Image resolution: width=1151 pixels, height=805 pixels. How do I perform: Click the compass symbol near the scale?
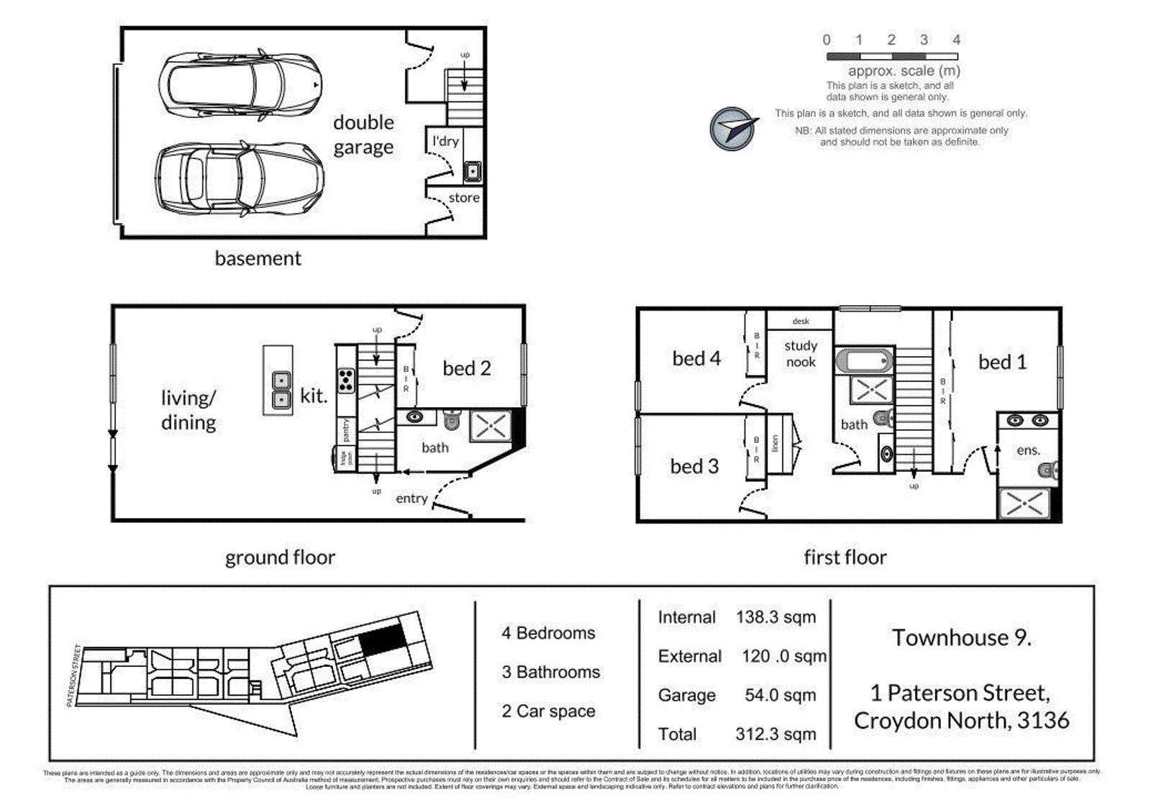[x=732, y=129]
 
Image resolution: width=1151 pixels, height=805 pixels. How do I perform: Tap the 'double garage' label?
[x=363, y=135]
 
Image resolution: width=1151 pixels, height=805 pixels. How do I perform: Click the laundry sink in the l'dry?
[x=472, y=171]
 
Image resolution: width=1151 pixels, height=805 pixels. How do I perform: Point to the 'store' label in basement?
[x=464, y=198]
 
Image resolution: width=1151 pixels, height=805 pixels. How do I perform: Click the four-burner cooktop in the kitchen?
[x=346, y=380]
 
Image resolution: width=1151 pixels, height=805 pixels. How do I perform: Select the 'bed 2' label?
[x=466, y=368]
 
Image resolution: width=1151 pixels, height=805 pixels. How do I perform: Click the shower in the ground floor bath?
[x=491, y=426]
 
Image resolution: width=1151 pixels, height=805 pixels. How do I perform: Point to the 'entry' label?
[x=411, y=499]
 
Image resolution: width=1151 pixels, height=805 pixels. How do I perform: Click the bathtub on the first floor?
[x=865, y=361]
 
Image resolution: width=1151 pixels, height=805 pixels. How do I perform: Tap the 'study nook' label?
[x=801, y=354]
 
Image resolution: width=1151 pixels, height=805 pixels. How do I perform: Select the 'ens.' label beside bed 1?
[x=1028, y=450]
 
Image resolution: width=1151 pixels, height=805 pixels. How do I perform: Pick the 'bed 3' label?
[x=694, y=466]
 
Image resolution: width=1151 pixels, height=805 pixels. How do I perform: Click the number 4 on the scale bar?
[x=956, y=40]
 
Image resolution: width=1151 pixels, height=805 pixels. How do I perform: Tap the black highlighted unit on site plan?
[x=382, y=639]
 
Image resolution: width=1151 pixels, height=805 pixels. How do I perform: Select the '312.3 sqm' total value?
[x=775, y=734]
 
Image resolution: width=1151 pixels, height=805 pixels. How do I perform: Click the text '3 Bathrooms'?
[x=550, y=672]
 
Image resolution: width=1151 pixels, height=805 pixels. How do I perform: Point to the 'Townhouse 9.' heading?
[x=961, y=637]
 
